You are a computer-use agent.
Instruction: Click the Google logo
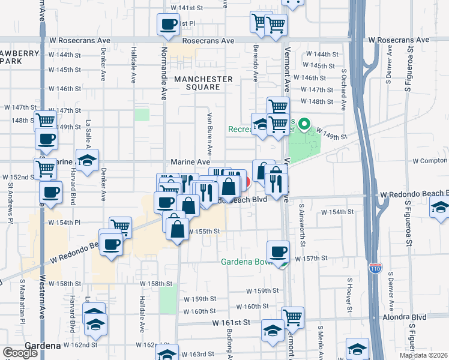(20, 353)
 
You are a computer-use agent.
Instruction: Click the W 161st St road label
(231, 322)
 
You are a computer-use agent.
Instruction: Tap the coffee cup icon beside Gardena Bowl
(277, 251)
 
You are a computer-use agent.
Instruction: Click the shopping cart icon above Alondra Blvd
(292, 316)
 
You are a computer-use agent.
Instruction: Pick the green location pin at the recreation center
(304, 125)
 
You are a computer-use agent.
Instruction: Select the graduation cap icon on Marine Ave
(88, 160)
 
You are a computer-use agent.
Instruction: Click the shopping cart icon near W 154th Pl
(121, 227)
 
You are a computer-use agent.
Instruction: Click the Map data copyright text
(423, 355)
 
